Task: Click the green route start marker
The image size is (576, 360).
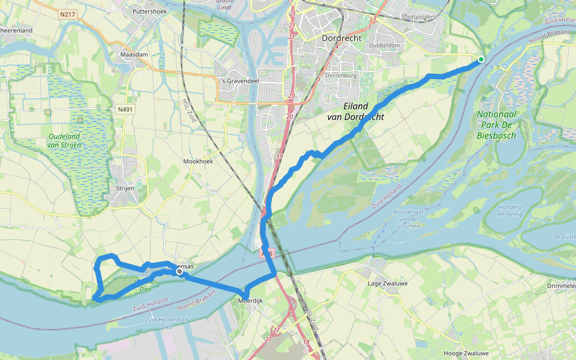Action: [x=481, y=59]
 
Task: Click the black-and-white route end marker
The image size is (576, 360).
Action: [x=179, y=272]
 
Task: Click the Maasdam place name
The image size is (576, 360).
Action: [x=134, y=54]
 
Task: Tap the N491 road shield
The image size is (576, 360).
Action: [x=125, y=110]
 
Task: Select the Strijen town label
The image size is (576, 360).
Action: [x=124, y=188]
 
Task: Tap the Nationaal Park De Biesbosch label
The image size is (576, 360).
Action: [x=496, y=125]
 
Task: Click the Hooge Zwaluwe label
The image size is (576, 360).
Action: [x=464, y=353]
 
